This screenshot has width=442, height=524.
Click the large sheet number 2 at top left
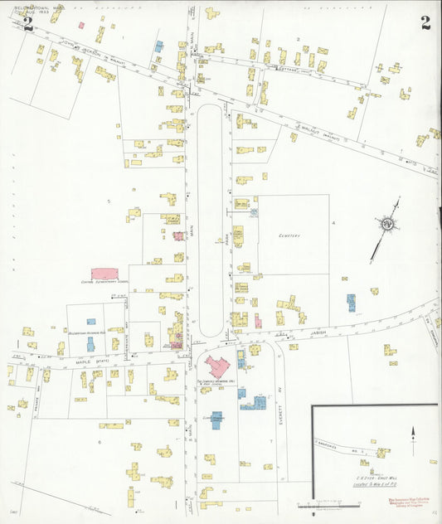tap(28, 23)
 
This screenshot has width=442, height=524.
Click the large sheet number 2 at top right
tap(425, 22)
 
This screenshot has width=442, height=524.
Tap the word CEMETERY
tap(289, 235)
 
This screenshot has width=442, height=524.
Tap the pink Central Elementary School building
tap(104, 274)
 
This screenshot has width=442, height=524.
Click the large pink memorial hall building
tap(218, 366)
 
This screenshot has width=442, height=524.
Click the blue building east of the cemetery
tap(351, 302)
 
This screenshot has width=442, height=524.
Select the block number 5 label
tap(108, 201)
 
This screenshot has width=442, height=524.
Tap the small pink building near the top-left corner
tap(81, 25)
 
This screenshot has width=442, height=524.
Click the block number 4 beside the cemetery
tap(333, 223)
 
